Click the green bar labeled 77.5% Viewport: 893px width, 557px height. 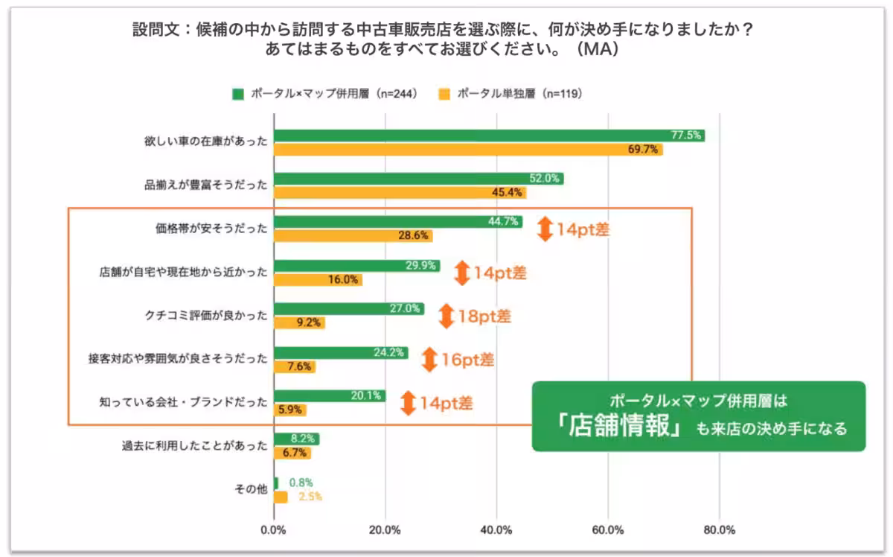click(489, 136)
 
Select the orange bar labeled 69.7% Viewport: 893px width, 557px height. click(468, 150)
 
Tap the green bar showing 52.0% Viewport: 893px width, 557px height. click(418, 179)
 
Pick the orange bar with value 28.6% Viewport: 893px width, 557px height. click(353, 236)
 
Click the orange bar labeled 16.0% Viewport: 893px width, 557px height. click(318, 280)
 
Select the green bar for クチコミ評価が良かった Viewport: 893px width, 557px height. click(348, 308)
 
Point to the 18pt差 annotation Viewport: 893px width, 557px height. click(484, 316)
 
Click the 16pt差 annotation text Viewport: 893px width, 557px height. click(467, 360)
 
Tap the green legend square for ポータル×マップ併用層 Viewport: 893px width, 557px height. click(237, 94)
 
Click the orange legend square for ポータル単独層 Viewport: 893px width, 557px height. click(444, 94)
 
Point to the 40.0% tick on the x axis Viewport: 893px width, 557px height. click(496, 530)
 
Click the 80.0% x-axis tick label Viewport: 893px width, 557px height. click(719, 530)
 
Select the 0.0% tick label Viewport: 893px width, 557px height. click(274, 530)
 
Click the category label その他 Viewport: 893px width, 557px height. click(251, 490)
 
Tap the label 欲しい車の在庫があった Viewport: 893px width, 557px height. click(205, 141)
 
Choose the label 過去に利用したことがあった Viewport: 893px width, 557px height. click(194, 447)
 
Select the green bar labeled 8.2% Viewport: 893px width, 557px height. click(296, 439)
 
